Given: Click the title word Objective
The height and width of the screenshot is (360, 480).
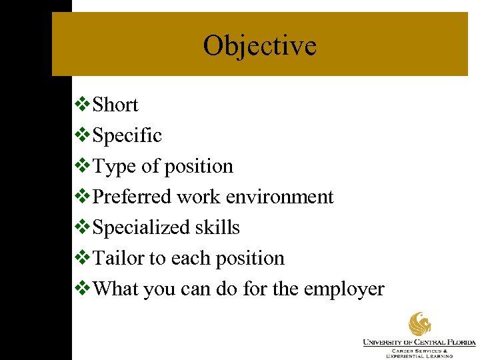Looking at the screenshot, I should pos(259,46).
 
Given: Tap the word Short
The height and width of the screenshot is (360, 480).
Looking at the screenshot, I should pos(115,105).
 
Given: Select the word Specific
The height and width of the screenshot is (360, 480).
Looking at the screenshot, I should pos(127,135).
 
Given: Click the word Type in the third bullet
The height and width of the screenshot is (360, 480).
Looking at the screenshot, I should pos(115,166).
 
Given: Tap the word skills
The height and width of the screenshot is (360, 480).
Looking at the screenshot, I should pos(217,227).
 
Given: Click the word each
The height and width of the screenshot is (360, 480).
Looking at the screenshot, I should pos(191,258).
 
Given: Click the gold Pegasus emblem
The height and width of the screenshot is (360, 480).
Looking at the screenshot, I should pos(420,324).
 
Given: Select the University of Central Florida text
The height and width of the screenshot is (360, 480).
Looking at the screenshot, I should pos(419,343).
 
